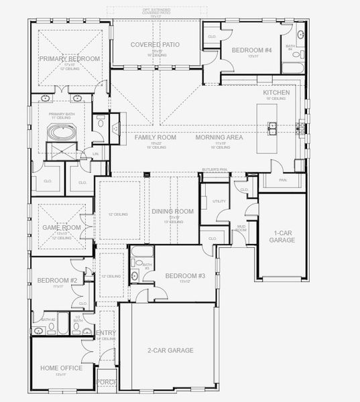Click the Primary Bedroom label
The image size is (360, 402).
[x=69, y=59]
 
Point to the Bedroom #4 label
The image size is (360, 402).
[x=251, y=50]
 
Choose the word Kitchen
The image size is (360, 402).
[x=276, y=92]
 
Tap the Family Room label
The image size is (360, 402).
[x=155, y=137]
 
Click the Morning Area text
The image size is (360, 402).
[x=219, y=137]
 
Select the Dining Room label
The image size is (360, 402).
[x=172, y=212]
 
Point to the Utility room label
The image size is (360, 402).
[x=219, y=201]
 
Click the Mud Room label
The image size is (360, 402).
[x=241, y=228]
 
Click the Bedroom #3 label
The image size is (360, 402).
[x=184, y=275]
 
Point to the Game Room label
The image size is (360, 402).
[x=57, y=227]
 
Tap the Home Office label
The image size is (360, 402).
[x=61, y=368]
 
